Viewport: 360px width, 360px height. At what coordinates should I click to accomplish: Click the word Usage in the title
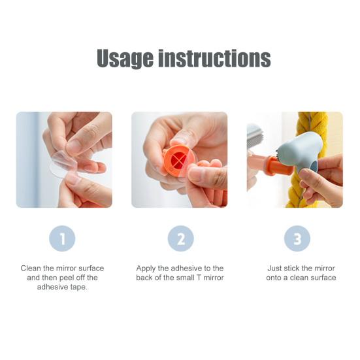click(125, 59)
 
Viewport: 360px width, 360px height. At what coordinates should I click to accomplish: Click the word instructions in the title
click(215, 58)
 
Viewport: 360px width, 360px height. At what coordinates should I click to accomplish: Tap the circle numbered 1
click(62, 238)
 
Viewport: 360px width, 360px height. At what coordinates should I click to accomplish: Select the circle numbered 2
click(181, 238)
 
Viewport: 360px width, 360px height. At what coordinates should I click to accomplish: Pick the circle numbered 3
click(297, 238)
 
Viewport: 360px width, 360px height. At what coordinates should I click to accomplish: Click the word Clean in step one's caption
click(31, 268)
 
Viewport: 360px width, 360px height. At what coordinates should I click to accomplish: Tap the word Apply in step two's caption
click(146, 269)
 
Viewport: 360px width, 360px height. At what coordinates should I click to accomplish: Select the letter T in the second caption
click(198, 278)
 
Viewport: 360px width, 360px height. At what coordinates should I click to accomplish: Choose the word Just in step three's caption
click(274, 268)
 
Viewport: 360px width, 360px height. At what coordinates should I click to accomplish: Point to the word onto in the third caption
click(274, 278)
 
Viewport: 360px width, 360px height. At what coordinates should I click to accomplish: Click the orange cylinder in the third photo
click(279, 165)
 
